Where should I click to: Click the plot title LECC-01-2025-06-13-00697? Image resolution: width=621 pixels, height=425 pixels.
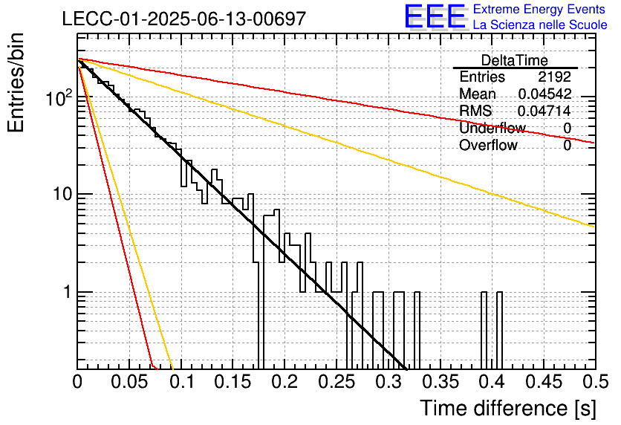coord(184,19)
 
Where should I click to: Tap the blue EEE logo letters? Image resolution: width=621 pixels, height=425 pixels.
coord(435,16)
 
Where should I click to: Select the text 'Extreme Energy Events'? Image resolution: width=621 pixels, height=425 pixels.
coord(539,9)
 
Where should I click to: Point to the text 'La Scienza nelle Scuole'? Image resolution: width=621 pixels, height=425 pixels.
coord(540,25)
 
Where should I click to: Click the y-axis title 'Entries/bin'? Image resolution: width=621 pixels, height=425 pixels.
coord(16,82)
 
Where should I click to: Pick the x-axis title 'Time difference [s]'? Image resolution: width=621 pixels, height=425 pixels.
coord(508,408)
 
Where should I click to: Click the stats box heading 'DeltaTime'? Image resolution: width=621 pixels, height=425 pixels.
coord(515,60)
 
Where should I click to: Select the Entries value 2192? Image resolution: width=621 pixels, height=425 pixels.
coord(554,77)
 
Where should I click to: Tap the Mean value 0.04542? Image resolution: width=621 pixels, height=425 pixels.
coord(545,94)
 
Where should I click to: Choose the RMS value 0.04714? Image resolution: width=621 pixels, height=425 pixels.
coord(544,111)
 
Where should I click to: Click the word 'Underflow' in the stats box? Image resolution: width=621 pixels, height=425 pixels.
coord(492,128)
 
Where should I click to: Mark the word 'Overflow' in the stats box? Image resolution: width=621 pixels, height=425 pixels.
coord(488,145)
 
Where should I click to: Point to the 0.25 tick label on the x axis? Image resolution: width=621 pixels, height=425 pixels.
coord(336,382)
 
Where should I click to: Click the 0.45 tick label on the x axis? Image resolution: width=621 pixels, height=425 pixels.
coord(544,382)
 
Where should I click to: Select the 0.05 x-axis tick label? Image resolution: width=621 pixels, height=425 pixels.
coord(129,382)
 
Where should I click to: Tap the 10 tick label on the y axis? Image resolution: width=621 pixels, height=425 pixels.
coord(62,194)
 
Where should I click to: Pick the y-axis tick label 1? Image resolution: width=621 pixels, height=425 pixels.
coord(67,292)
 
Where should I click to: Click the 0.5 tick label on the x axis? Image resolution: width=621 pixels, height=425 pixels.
coord(596,382)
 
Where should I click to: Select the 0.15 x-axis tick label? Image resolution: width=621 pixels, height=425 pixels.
coord(233,382)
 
